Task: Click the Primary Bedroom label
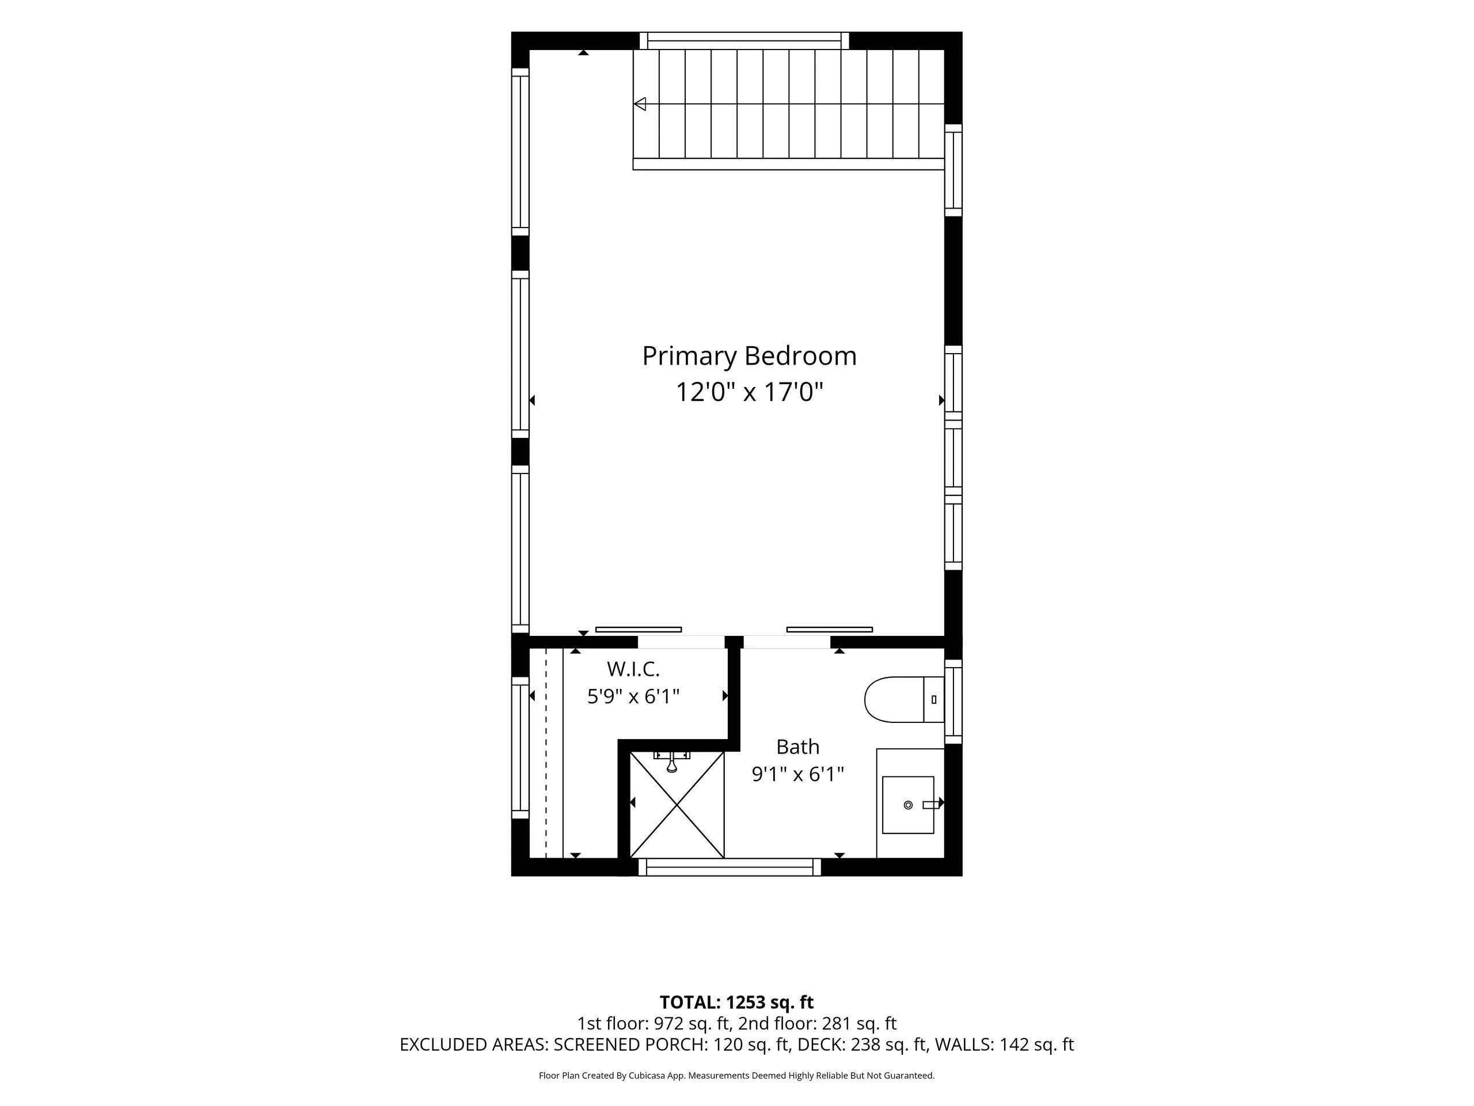tap(749, 357)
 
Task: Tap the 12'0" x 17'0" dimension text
tap(749, 392)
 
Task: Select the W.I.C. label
tap(633, 669)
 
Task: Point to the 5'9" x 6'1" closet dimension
tap(633, 696)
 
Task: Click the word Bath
tap(797, 747)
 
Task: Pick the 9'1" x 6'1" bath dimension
tap(797, 775)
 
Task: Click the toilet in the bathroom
tap(904, 699)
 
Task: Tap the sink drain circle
tap(907, 805)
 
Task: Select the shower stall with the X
tap(677, 805)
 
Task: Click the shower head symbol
tap(672, 762)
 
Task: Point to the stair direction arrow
tap(640, 104)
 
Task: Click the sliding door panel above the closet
tap(639, 630)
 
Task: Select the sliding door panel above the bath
tap(830, 630)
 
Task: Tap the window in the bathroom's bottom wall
tap(730, 868)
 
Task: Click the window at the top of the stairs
tap(744, 41)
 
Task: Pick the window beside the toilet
tap(953, 702)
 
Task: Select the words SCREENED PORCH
tap(630, 1045)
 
